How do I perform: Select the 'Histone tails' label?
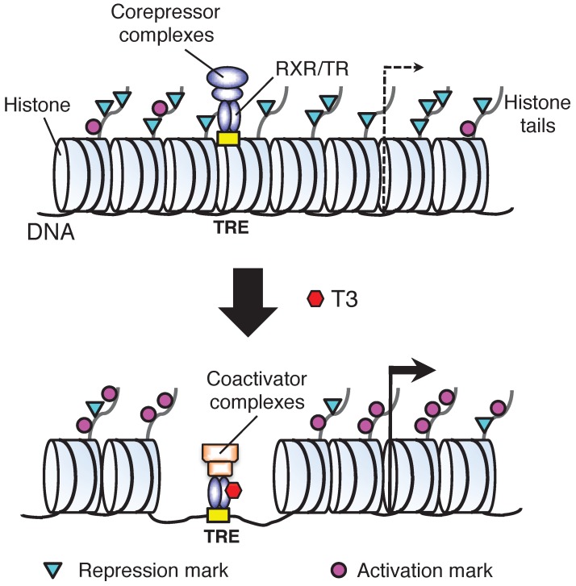[x=530, y=116]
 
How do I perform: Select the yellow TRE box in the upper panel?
[x=229, y=138]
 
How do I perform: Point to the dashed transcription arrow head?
[x=419, y=69]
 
